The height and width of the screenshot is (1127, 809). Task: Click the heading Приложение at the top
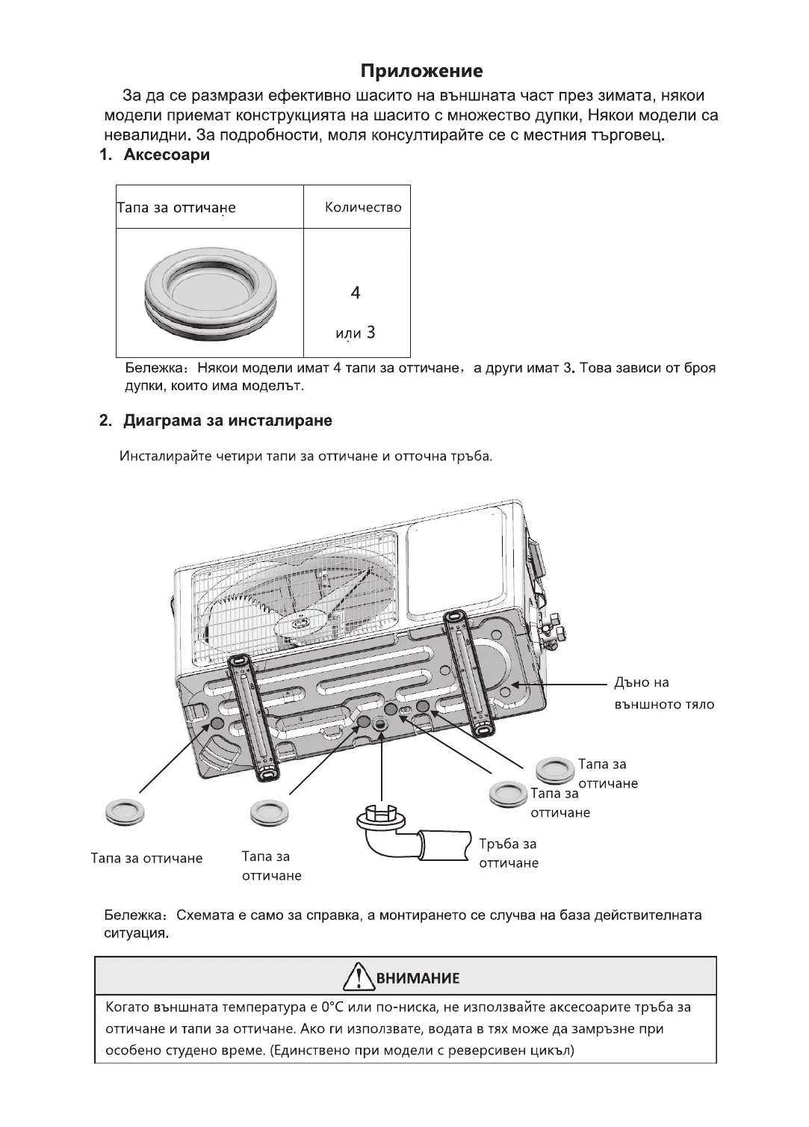[x=421, y=71]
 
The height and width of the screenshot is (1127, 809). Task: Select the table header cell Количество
[x=363, y=207]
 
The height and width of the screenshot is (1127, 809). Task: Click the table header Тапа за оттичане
[x=176, y=208]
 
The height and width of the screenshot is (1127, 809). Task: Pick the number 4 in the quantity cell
[x=356, y=293]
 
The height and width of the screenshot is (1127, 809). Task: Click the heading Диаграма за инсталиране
[x=227, y=420]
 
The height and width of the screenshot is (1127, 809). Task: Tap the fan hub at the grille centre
[x=302, y=622]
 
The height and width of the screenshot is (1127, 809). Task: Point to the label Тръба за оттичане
[x=508, y=853]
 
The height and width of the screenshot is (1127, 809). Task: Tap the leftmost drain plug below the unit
[x=125, y=812]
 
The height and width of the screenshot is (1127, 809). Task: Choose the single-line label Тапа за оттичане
[x=146, y=858]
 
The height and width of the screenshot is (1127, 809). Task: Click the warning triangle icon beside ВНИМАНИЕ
[x=359, y=977]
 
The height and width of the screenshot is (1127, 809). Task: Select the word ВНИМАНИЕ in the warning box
[x=418, y=978]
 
